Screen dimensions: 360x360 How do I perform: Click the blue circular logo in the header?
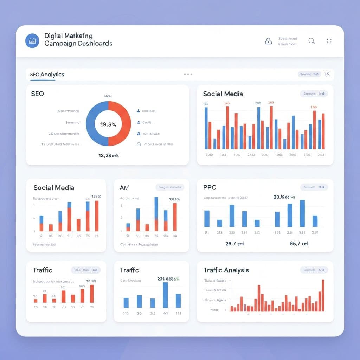(32, 41)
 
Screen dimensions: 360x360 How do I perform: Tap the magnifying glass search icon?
(311, 41)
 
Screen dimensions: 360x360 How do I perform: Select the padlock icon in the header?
(268, 41)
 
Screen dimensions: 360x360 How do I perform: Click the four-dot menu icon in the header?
(329, 41)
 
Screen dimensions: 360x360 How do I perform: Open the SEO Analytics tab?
(47, 75)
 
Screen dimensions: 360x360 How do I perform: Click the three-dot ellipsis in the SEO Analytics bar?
(188, 75)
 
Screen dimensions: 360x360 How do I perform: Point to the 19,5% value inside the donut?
(108, 124)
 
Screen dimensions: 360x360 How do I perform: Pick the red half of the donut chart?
(124, 124)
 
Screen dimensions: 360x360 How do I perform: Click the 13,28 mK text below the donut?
(108, 155)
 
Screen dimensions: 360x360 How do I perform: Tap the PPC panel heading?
(210, 187)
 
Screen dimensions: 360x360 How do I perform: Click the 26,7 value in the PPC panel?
(235, 243)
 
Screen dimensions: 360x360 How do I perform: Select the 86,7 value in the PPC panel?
(299, 243)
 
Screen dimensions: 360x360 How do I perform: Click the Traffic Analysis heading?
(226, 270)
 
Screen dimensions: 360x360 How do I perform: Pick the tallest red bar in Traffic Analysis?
(323, 295)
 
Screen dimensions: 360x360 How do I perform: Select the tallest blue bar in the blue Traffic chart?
(165, 295)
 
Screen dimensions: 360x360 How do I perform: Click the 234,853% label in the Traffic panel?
(168, 278)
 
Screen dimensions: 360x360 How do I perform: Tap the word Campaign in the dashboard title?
(60, 44)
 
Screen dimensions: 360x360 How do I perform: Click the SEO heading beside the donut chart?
(37, 94)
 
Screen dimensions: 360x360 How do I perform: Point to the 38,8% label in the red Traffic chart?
(91, 281)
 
